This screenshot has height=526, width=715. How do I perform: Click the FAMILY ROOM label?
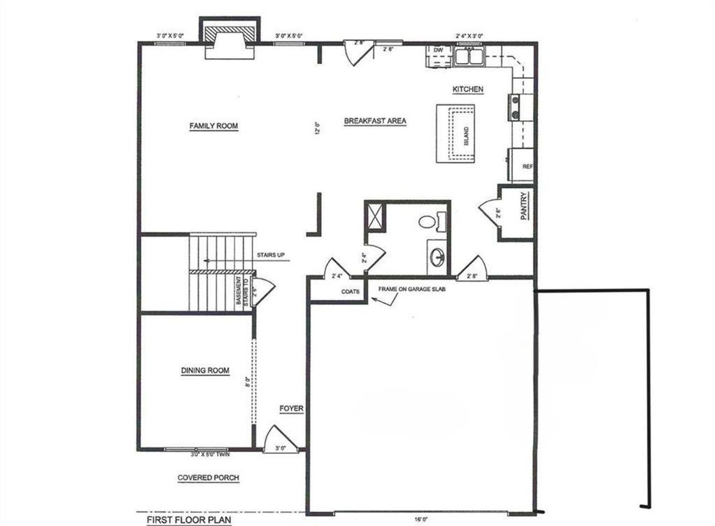point(213,126)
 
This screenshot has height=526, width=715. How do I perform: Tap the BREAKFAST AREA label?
point(374,121)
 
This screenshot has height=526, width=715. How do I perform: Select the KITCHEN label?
point(468,89)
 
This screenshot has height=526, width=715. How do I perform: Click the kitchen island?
point(455,133)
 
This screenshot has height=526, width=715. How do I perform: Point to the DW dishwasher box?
point(438,50)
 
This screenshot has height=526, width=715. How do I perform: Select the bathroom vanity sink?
point(437,258)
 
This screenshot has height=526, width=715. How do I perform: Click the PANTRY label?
point(524,206)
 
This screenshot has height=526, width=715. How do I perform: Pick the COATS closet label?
point(350,291)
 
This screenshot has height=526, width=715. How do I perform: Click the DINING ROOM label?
point(205,371)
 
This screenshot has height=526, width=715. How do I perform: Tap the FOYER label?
point(291,409)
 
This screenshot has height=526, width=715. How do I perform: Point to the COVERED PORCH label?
point(208,478)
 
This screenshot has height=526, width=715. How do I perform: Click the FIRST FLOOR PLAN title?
point(189,520)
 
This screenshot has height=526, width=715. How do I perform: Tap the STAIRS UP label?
point(271,255)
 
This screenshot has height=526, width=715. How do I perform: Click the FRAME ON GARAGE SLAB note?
point(412,289)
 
